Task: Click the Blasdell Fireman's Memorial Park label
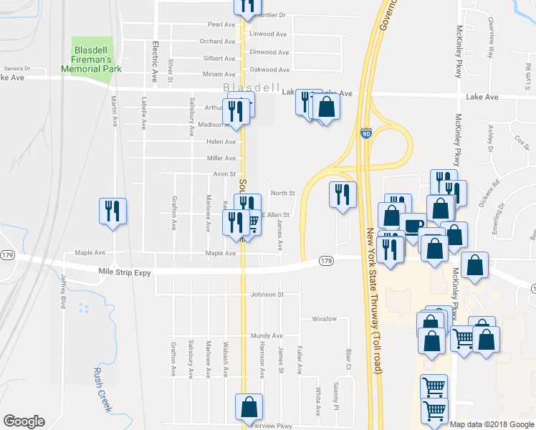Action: (96, 59)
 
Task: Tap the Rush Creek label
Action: (102, 389)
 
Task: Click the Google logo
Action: (24, 421)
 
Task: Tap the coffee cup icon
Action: (412, 225)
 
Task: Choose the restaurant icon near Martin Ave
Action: (113, 211)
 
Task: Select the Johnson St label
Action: (267, 294)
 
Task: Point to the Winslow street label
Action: (324, 319)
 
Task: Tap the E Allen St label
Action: (275, 215)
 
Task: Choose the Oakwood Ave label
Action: (269, 70)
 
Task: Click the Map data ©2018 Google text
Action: (492, 424)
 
